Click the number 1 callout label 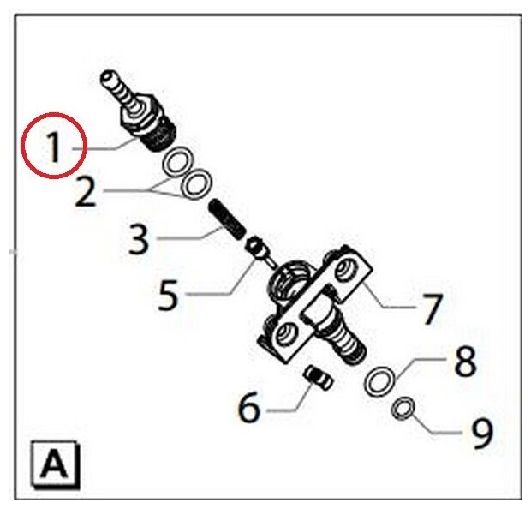click(53, 149)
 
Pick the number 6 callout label click(248, 408)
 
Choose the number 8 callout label click(464, 362)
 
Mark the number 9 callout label click(482, 433)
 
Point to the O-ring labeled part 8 click(380, 380)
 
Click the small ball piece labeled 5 click(255, 247)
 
